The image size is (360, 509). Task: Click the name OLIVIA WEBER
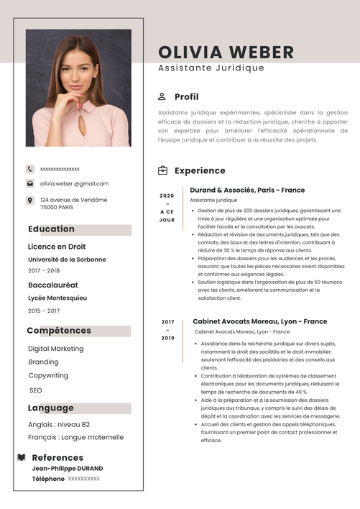click(x=226, y=52)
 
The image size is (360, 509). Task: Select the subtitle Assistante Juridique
click(x=211, y=68)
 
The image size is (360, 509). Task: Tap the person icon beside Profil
click(x=162, y=96)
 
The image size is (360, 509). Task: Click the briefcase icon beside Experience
click(x=162, y=170)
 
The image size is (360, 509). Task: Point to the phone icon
click(x=30, y=169)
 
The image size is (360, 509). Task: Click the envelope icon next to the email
click(x=30, y=183)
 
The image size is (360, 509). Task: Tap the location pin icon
click(x=30, y=200)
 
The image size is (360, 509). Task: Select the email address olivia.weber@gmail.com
click(x=74, y=183)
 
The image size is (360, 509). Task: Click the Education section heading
click(x=51, y=229)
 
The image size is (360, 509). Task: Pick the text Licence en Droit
click(x=57, y=247)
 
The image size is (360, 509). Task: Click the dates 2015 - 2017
click(x=44, y=311)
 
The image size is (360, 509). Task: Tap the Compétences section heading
click(x=59, y=331)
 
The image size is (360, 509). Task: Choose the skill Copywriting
click(x=48, y=375)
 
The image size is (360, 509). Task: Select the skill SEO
click(x=36, y=390)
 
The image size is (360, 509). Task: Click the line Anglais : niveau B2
click(x=59, y=424)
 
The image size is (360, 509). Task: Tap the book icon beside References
click(x=22, y=457)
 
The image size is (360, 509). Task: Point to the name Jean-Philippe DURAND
click(x=67, y=468)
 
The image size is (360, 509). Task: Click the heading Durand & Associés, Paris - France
click(x=247, y=190)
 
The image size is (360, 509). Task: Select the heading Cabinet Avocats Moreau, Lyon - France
click(x=259, y=321)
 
